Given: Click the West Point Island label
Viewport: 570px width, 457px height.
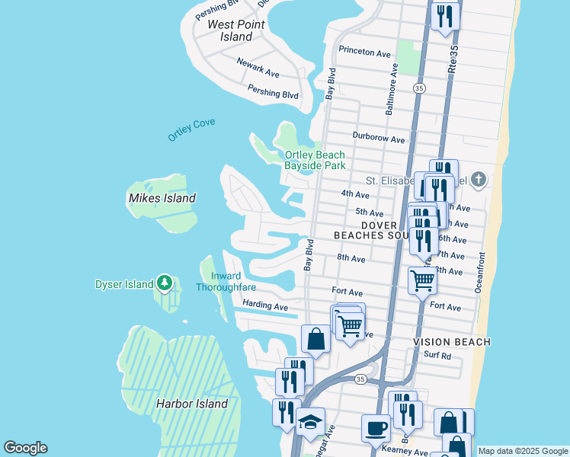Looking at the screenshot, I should tap(236, 30).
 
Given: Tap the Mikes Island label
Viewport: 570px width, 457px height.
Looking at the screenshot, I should tap(162, 198).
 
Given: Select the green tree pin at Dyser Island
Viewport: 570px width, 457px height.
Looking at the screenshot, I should tap(165, 284).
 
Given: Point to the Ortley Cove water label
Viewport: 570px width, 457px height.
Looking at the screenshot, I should tap(192, 129).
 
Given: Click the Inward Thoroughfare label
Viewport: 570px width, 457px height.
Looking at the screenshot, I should tap(226, 282).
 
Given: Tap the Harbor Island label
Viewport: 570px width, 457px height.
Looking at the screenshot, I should tap(192, 404).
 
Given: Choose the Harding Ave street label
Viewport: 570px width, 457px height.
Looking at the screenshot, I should tap(264, 305).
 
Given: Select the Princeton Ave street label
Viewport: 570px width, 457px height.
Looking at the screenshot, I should tap(364, 53).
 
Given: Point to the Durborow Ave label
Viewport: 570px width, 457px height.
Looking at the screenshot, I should tap(378, 139).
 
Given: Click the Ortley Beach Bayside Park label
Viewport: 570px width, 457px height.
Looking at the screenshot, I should tap(315, 160).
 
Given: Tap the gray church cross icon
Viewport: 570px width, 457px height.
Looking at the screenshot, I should tap(478, 180).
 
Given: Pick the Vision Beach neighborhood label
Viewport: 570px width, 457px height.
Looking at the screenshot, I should tap(452, 342).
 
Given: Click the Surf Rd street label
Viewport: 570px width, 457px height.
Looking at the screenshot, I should tap(437, 356).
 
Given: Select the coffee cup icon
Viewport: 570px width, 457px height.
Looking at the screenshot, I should tap(375, 427).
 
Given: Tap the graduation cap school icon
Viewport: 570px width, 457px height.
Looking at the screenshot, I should tap(310, 422).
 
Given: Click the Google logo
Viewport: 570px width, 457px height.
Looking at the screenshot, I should tap(25, 448).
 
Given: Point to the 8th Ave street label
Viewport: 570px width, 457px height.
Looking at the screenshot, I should tap(351, 259).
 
